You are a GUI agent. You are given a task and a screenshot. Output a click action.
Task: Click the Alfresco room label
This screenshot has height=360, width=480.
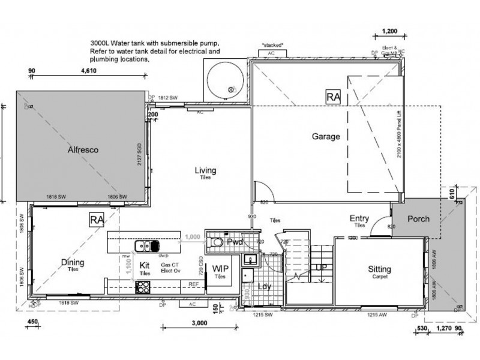82,151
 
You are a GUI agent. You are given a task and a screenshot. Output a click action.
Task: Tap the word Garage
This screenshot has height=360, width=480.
326,136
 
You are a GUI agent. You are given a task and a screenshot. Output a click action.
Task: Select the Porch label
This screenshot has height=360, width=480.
418,219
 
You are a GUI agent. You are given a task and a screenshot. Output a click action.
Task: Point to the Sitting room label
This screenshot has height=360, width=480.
379,269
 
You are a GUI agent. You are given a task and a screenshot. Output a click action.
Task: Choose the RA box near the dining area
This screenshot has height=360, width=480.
96,219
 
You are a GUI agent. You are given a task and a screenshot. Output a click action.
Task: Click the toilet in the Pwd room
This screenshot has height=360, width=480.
218,242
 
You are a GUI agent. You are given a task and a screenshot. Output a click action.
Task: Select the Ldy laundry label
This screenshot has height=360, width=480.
264,286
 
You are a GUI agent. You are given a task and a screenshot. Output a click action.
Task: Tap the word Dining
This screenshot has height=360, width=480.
73,262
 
